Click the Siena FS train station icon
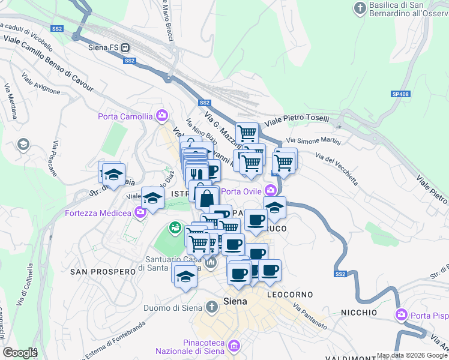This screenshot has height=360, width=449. point(125,47)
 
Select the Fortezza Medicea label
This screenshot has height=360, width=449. point(97,213)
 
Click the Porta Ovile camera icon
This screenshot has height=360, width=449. point(271,191)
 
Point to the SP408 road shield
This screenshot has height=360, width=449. point(400,94)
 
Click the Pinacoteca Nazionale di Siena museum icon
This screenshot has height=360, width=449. point(234,346)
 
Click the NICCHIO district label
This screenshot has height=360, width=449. point(359,313)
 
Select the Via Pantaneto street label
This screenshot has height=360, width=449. point(310,316)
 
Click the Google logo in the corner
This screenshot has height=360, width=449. point(20,352)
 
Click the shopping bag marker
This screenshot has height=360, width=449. point(206,197)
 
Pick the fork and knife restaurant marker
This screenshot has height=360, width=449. point(194,173)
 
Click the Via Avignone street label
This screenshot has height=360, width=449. point(41,84)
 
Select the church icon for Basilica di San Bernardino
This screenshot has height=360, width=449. point(360,8)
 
